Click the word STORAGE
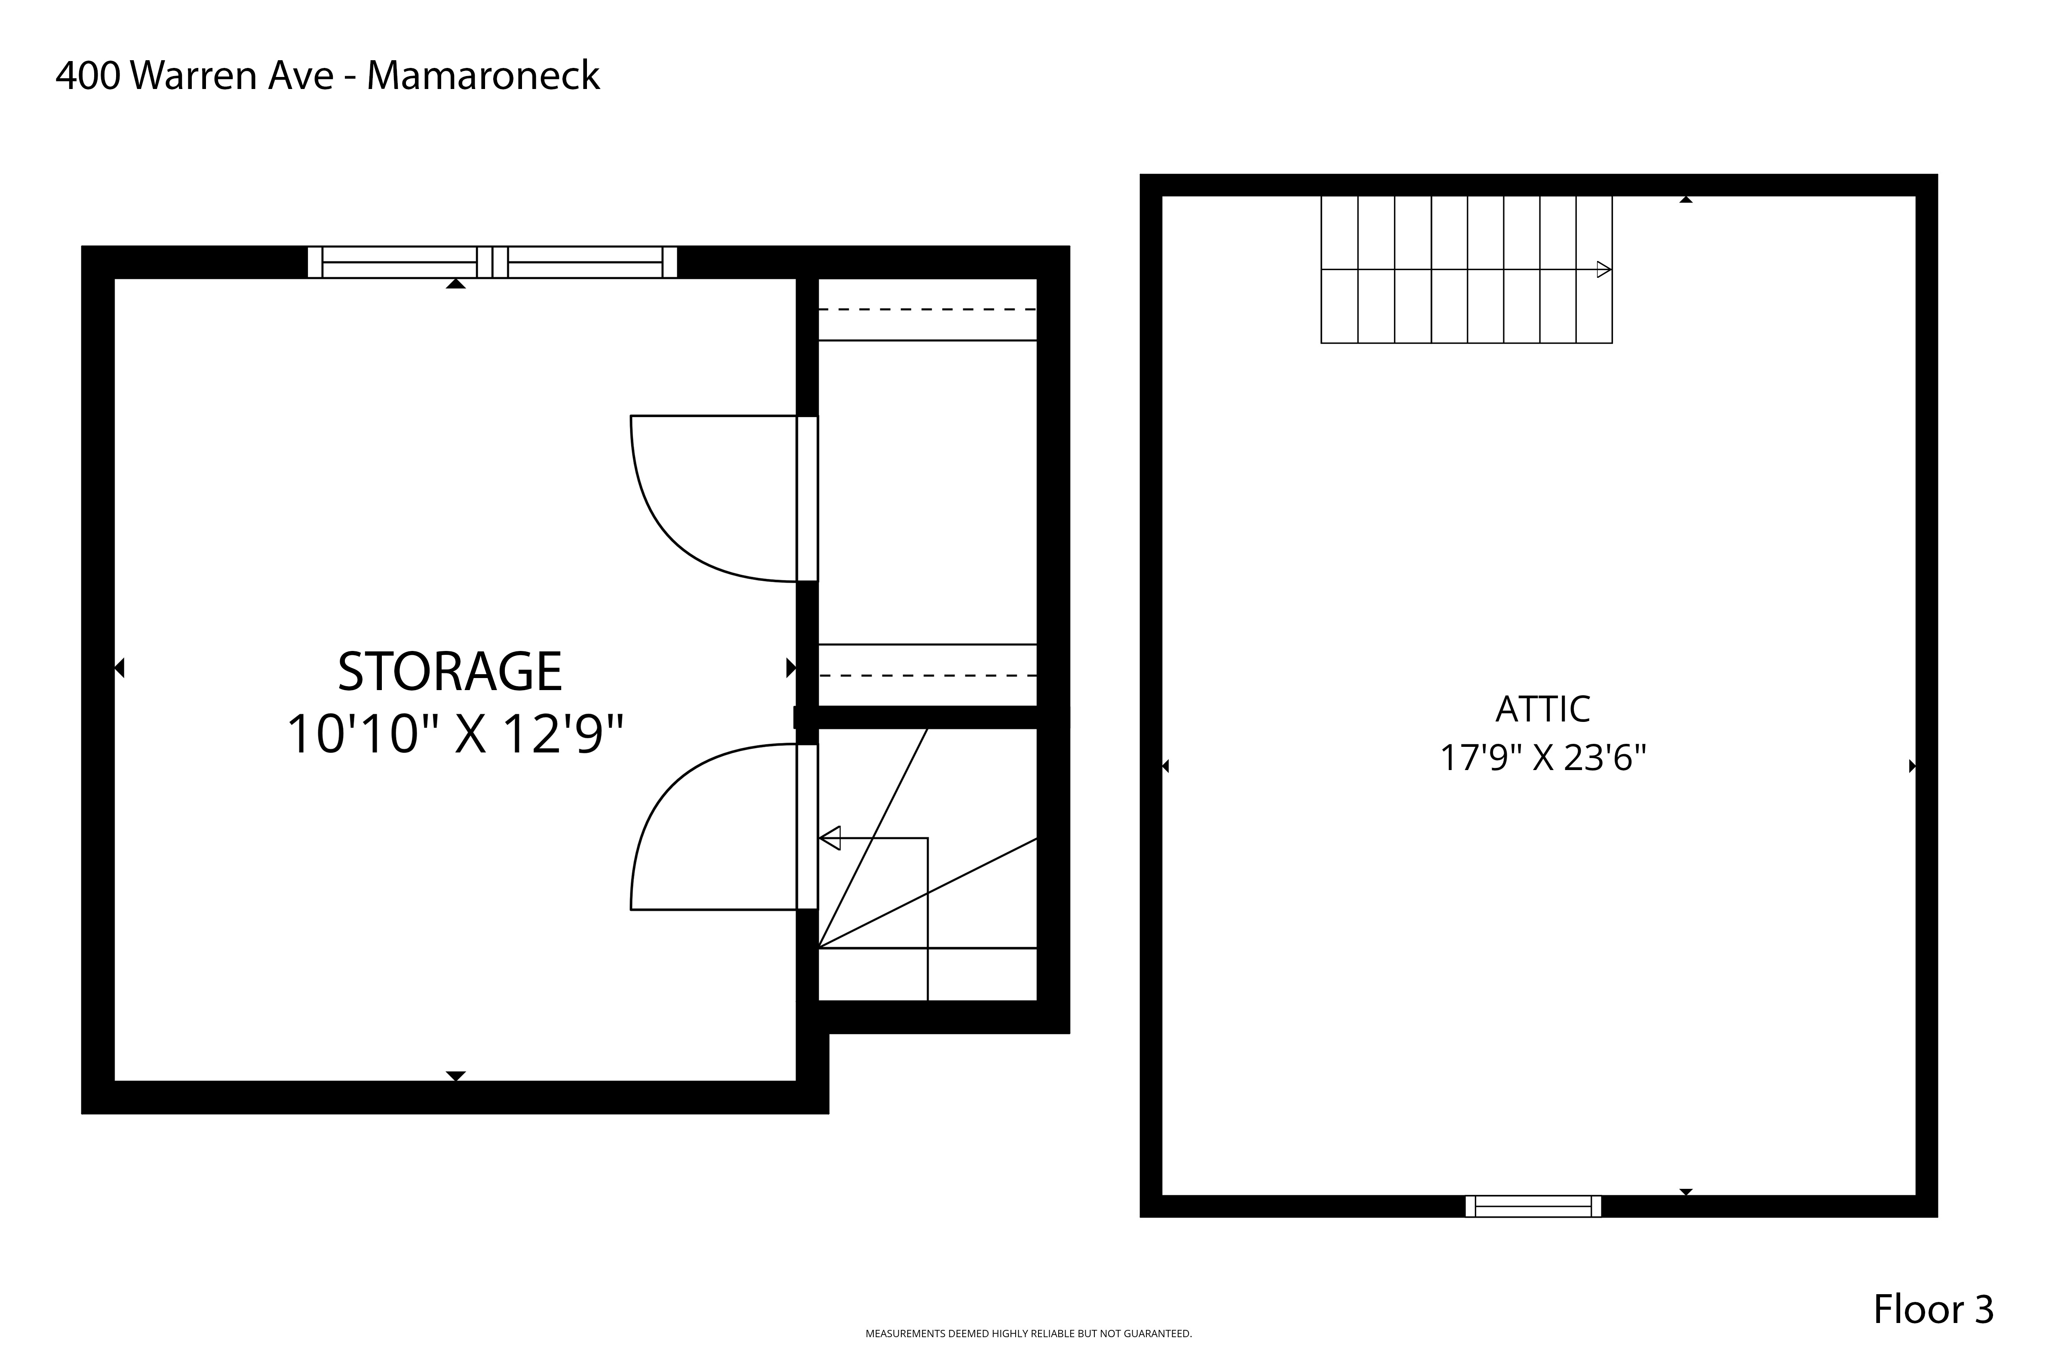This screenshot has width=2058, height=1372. point(450,672)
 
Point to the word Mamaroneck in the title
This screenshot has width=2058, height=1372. point(483,76)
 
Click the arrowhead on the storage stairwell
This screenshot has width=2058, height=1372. point(829,838)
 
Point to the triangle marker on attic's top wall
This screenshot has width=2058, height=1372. point(1686,200)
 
